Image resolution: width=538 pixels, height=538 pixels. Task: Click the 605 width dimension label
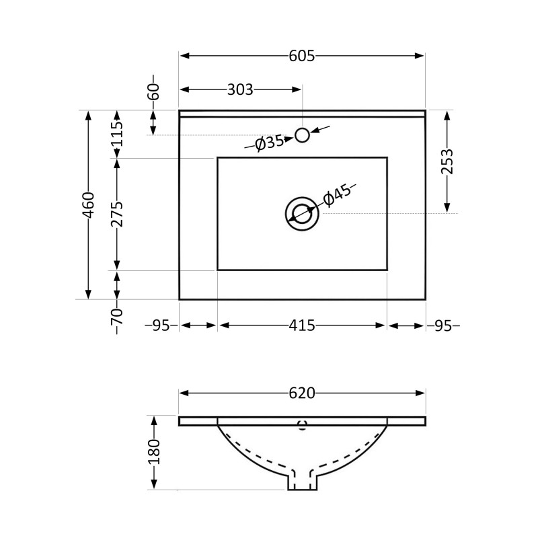click(x=301, y=56)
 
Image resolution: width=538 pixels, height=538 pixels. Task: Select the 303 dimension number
click(x=240, y=89)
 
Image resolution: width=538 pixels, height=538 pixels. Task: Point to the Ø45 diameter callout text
click(x=338, y=195)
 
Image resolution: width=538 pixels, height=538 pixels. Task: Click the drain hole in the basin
click(x=302, y=214)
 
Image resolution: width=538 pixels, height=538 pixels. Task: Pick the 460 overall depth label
click(x=89, y=205)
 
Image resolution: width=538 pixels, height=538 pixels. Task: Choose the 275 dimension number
click(x=116, y=214)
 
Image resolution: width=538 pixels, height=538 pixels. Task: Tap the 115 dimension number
click(x=116, y=134)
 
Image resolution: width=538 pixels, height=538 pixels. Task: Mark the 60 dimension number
click(x=153, y=91)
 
